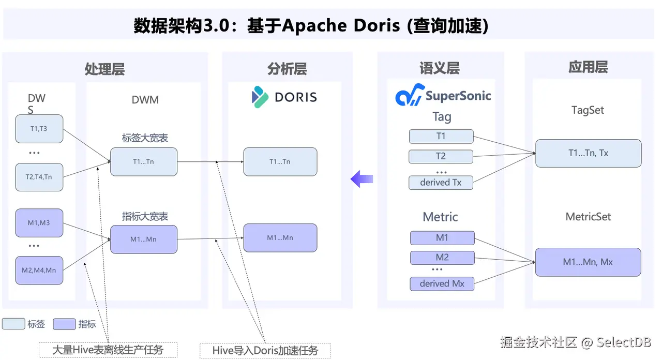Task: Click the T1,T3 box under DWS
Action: [x=39, y=129]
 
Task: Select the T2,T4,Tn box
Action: [x=39, y=177]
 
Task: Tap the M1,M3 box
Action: [x=39, y=223]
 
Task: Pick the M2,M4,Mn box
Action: [x=39, y=270]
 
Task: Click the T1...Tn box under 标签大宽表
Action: [x=143, y=161]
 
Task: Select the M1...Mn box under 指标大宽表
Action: [x=143, y=239]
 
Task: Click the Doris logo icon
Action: [x=260, y=97]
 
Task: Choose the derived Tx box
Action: [x=441, y=183]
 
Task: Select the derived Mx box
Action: [x=442, y=284]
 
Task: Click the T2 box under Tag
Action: [x=441, y=156]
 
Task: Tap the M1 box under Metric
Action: [x=442, y=238]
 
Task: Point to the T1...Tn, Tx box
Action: [x=588, y=153]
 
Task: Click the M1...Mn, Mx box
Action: [x=588, y=262]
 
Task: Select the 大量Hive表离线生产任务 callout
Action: [x=108, y=350]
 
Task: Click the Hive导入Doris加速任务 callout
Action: [x=265, y=351]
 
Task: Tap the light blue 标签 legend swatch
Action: [x=13, y=324]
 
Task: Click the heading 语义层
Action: [x=439, y=68]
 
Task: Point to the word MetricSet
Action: [x=588, y=217]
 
